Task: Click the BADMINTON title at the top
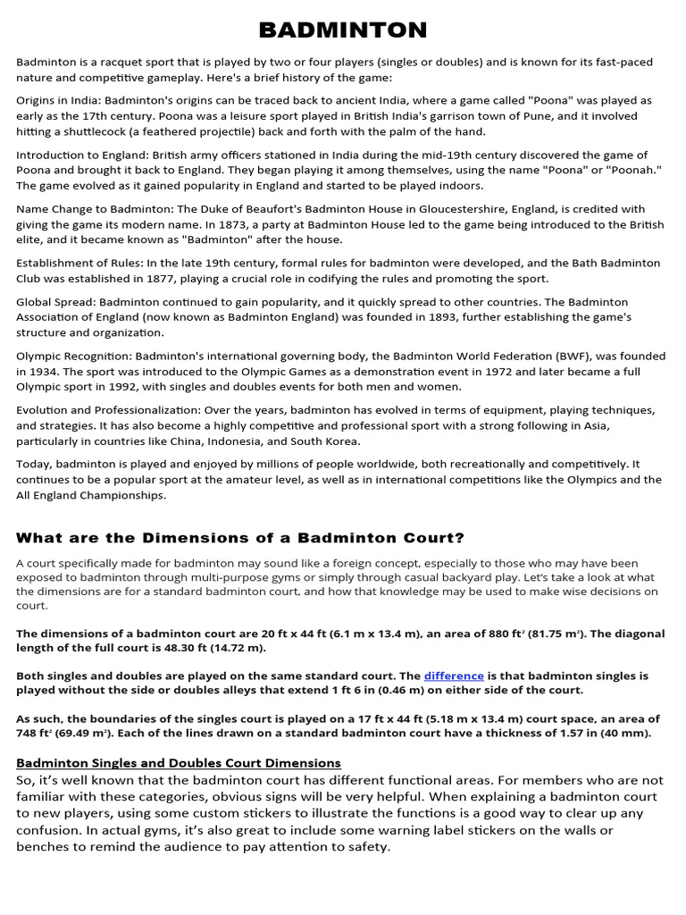coord(343,30)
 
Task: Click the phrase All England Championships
coord(90,495)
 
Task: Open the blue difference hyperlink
coord(454,676)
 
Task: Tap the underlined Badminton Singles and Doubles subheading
coord(179,762)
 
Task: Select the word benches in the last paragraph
coord(42,846)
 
